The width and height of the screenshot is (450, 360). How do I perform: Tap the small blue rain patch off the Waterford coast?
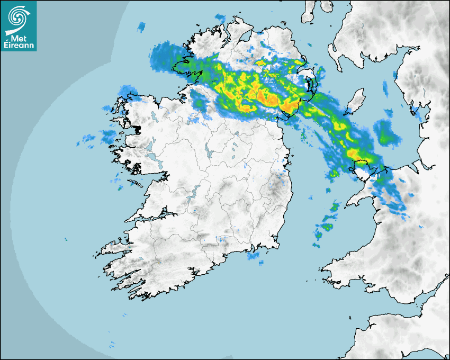click(255, 256)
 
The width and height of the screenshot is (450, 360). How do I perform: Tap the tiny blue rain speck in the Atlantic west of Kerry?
click(66, 239)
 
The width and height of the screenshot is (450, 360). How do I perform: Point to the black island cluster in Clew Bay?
click(139, 129)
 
